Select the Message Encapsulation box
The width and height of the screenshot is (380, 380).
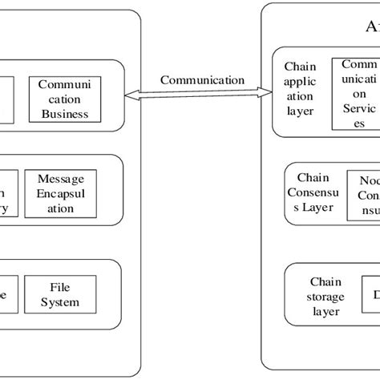61,192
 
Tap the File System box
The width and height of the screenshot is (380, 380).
60,293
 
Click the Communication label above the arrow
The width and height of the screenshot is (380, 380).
202,80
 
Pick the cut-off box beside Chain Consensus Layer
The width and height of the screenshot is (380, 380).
363,194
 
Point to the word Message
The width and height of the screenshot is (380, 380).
61,177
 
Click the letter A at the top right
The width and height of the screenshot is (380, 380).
371,27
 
